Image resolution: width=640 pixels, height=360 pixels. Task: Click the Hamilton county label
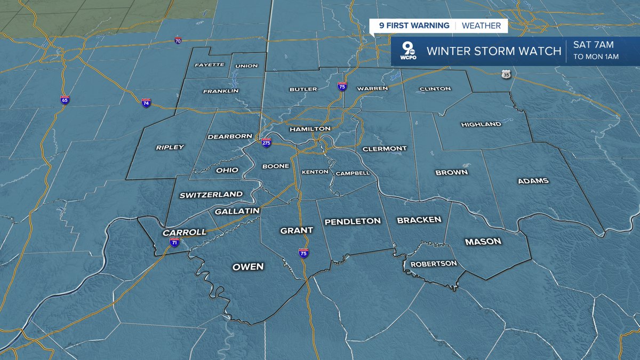pyautogui.click(x=310, y=129)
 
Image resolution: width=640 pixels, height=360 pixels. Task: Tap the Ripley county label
pyautogui.click(x=170, y=147)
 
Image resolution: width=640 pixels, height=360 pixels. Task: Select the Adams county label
pyautogui.click(x=533, y=181)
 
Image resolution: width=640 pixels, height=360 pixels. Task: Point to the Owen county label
pyautogui.click(x=248, y=267)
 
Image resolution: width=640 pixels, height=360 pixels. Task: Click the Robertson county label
pyautogui.click(x=434, y=263)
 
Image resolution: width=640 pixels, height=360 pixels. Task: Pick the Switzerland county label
pyautogui.click(x=211, y=195)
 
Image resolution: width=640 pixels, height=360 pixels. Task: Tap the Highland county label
pyautogui.click(x=481, y=124)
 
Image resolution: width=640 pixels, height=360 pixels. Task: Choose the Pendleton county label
pyautogui.click(x=353, y=221)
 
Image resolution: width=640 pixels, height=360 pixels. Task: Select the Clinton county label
pyautogui.click(x=435, y=89)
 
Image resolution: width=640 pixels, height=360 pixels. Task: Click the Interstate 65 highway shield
pyautogui.click(x=65, y=100)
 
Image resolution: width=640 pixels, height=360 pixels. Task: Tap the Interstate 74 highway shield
pyautogui.click(x=146, y=102)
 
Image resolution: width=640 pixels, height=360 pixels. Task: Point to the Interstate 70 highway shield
pyautogui.click(x=178, y=41)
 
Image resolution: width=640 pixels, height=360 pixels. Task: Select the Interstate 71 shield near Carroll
pyautogui.click(x=174, y=242)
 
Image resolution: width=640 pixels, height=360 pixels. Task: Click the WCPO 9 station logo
pyautogui.click(x=409, y=51)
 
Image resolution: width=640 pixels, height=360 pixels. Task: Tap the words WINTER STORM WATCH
pyautogui.click(x=494, y=51)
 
